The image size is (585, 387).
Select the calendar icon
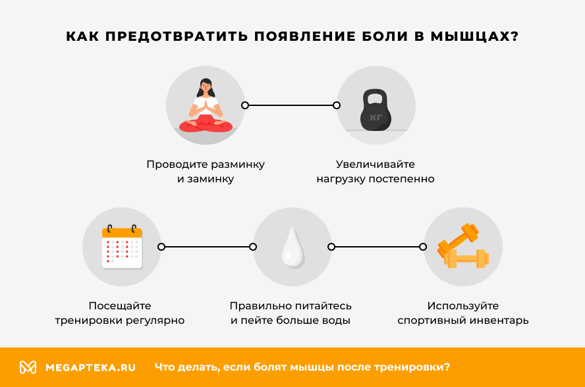pos(122,247)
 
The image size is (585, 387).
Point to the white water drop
pos(291,249)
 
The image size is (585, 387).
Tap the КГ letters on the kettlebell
pos(376,118)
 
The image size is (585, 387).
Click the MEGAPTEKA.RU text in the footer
pos(90,367)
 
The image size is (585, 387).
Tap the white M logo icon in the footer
pos(28,367)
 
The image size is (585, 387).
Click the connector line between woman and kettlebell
pos(291,105)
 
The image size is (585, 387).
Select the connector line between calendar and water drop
pos(207,247)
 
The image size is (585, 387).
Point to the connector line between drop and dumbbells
pos(377,247)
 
